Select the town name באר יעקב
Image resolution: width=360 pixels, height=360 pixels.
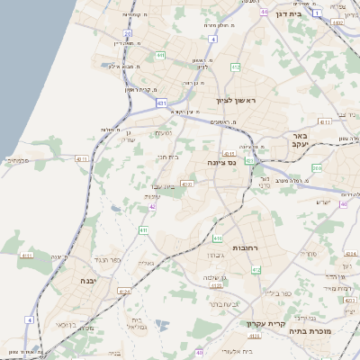click(300, 140)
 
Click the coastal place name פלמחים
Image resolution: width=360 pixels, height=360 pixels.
click(19, 161)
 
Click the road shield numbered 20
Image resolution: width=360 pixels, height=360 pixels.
click(128, 33)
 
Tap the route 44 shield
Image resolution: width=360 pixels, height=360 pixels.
click(264, 12)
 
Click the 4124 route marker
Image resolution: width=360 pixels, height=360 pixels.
click(124, 292)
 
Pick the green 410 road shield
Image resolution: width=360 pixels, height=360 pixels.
click(142, 229)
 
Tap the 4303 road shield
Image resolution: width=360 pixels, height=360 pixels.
click(186, 184)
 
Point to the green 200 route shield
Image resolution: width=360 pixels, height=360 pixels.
click(317, 168)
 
